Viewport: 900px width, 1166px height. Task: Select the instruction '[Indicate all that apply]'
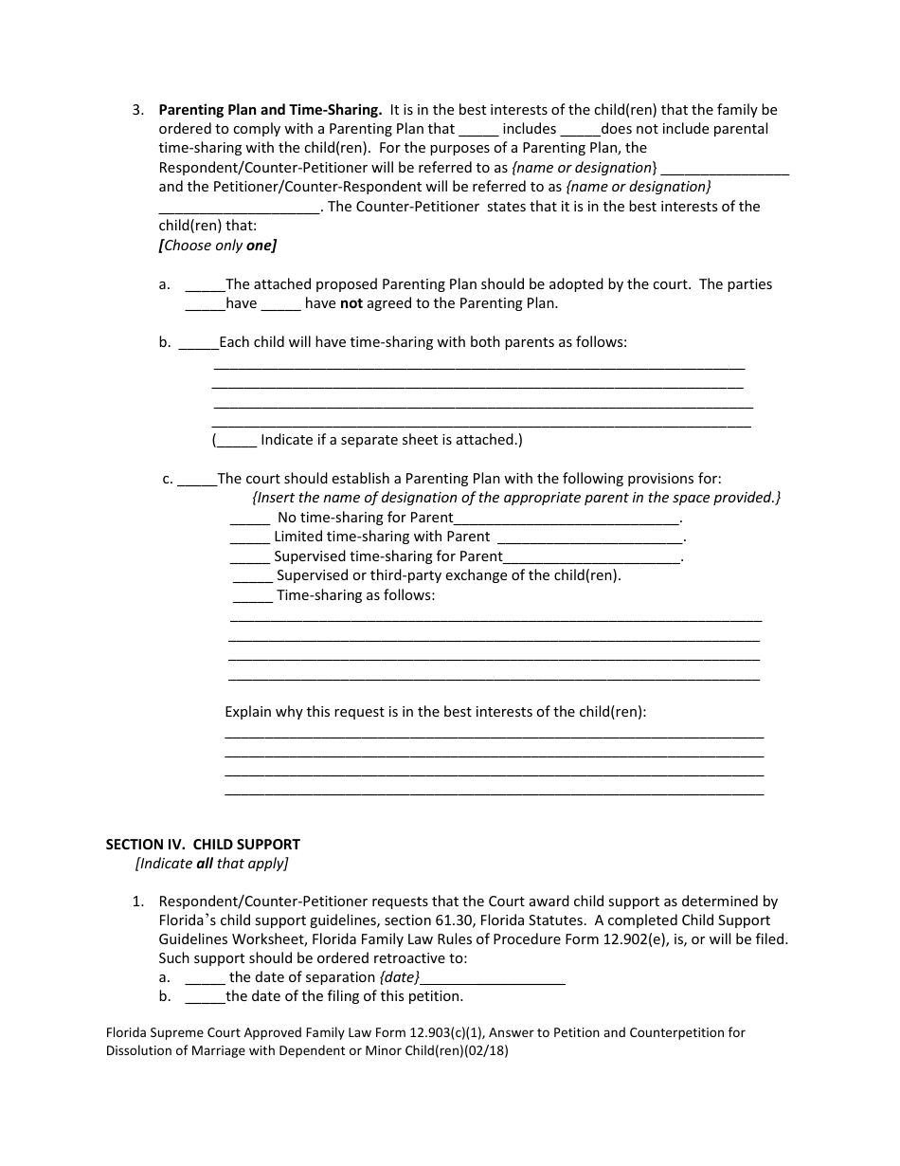[x=211, y=864]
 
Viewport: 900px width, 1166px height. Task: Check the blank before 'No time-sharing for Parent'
[x=250, y=519]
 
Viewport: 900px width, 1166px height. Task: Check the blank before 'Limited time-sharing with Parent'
[x=250, y=537]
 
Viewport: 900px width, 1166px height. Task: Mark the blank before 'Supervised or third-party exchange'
[x=252, y=576]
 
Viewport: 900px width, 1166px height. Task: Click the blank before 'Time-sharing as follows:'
[x=252, y=596]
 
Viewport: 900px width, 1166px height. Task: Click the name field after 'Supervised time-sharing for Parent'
[x=592, y=557]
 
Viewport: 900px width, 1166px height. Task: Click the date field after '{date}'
[x=493, y=978]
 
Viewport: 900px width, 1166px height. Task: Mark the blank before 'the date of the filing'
[x=205, y=996]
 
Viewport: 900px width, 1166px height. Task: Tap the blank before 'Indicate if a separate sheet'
[x=236, y=441]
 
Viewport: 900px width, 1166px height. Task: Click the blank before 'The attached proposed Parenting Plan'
[x=205, y=284]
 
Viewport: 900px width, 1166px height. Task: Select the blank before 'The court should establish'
[x=197, y=480]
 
